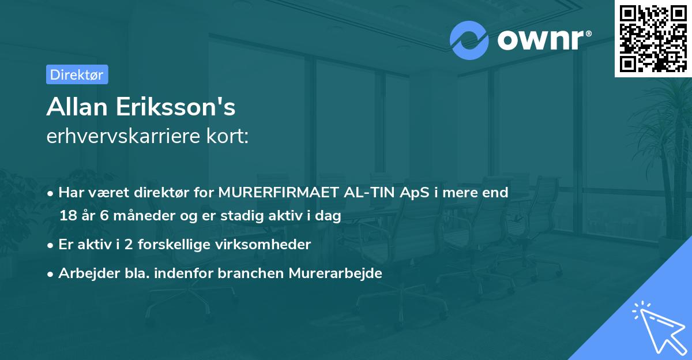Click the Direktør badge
77,74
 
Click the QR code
653,38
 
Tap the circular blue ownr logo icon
469,40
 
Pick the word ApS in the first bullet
414,193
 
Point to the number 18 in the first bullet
67,216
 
